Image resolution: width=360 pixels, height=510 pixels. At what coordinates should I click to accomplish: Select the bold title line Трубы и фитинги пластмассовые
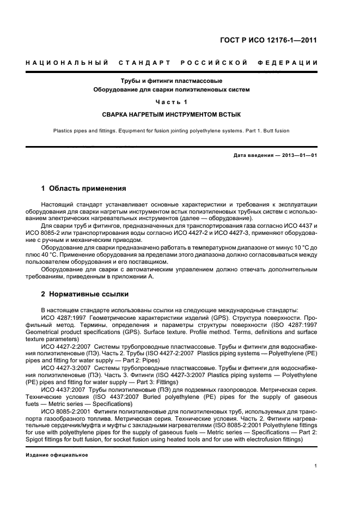click(172, 81)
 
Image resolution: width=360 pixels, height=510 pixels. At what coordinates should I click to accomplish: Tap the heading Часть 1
click(172, 102)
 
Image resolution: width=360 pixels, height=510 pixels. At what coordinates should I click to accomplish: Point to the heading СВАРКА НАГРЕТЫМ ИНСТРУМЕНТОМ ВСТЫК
click(172, 115)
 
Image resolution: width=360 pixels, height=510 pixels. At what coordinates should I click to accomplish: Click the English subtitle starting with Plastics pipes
click(172, 131)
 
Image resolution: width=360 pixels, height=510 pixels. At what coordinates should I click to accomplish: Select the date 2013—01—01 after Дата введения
click(299, 156)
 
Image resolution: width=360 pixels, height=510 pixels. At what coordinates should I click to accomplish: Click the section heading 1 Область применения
click(84, 189)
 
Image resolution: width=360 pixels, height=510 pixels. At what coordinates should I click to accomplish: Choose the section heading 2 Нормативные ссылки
click(85, 295)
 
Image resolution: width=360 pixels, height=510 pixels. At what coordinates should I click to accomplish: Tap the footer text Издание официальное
click(57, 455)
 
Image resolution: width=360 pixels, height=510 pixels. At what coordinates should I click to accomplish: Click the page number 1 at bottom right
click(316, 466)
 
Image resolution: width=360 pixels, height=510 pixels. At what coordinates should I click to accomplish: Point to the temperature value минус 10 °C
click(292, 247)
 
